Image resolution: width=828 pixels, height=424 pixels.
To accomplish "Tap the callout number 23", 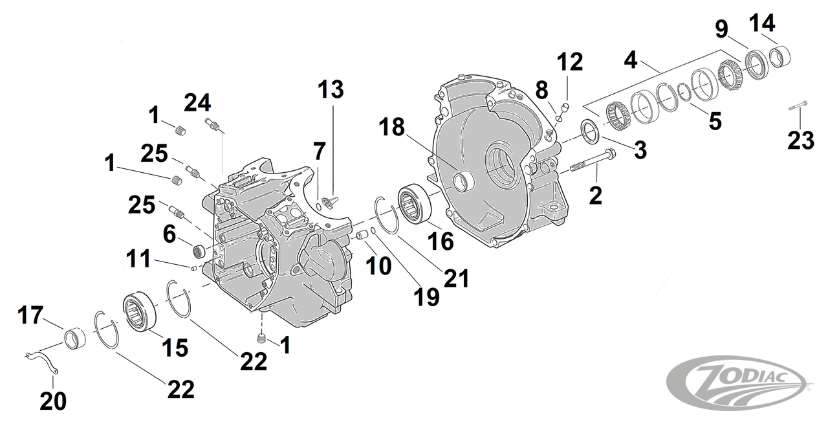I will click(x=800, y=140).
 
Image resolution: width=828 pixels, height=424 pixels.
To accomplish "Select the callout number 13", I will click(x=331, y=90).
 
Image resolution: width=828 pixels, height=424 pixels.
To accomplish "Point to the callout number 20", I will click(x=53, y=401).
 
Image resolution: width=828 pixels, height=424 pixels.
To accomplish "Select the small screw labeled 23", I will click(x=800, y=106).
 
